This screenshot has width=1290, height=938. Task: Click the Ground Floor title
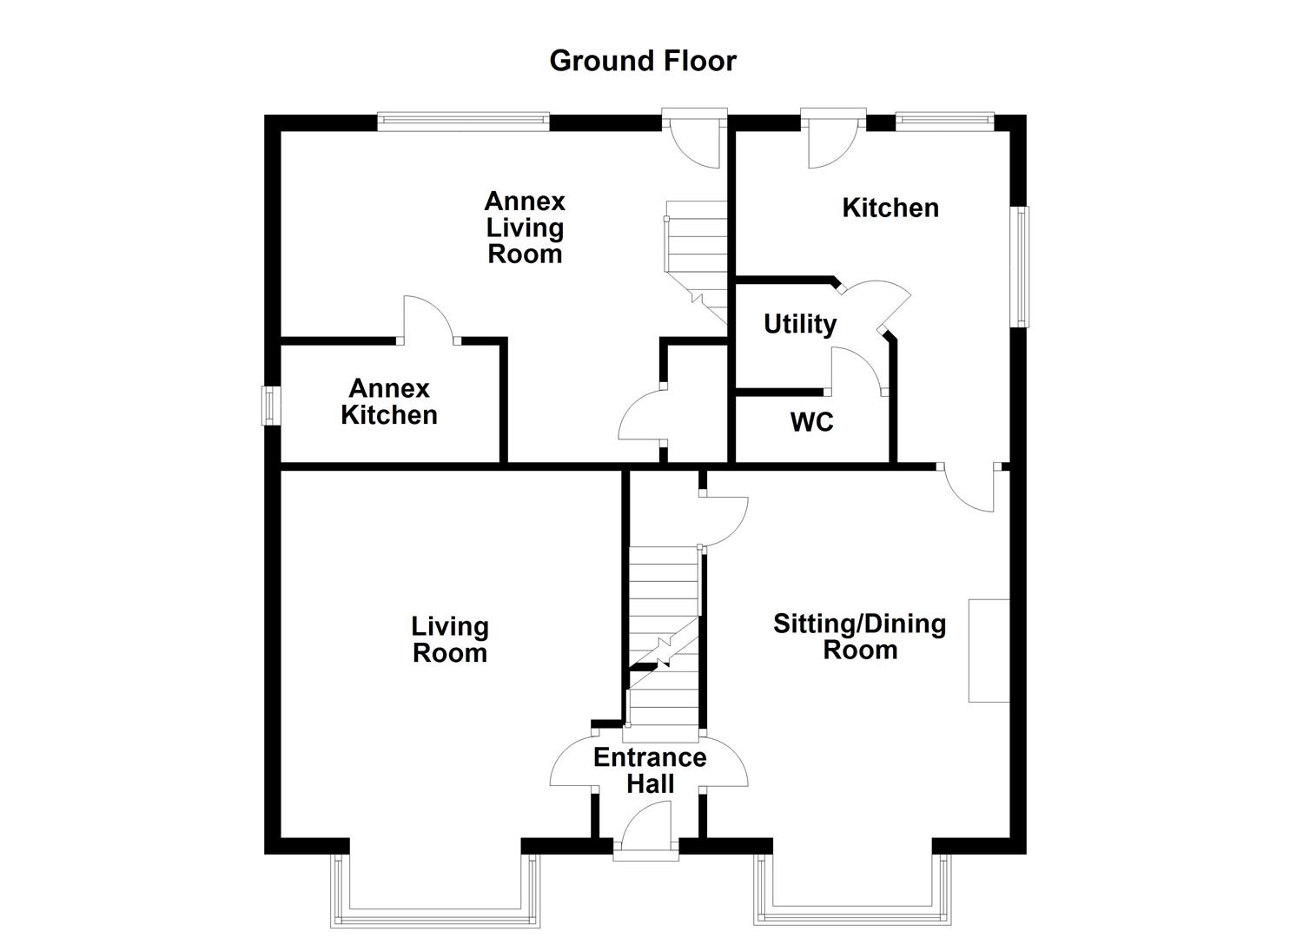643,61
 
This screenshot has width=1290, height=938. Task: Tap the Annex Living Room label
525,228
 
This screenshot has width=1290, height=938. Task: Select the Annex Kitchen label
388,402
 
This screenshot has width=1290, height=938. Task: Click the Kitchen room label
890,208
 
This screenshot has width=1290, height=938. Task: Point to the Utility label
800,324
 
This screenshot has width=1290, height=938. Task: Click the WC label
811,422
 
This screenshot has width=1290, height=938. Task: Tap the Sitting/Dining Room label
859,637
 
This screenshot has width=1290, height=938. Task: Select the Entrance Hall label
650,770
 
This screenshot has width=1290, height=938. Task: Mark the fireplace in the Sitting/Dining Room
989,650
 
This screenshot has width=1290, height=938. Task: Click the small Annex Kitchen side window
271,406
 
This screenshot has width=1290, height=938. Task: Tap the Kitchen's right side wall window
1022,266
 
